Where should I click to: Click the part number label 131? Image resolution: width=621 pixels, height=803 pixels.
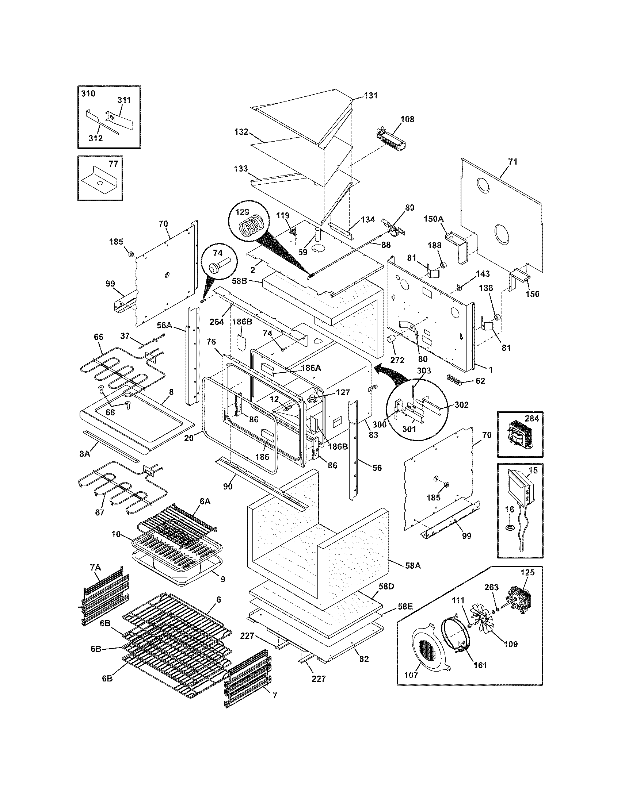click(x=371, y=96)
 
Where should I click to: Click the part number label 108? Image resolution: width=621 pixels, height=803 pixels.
click(x=407, y=119)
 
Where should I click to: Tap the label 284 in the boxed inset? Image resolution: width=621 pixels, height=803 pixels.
click(x=532, y=419)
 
